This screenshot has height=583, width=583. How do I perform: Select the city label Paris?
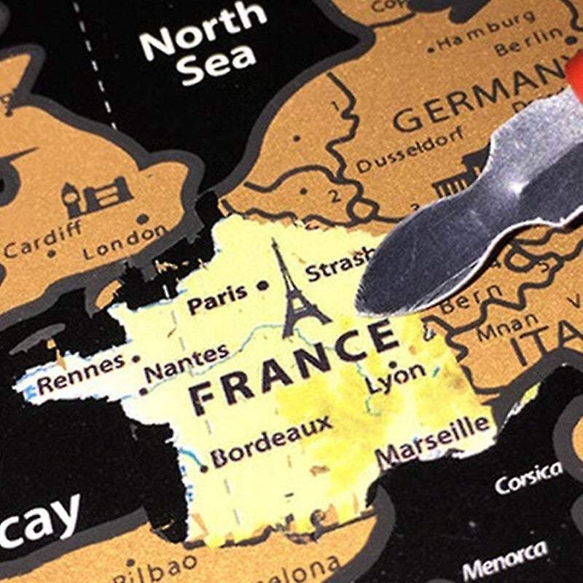[x=217, y=297]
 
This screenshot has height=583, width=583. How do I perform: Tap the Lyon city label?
[x=396, y=377]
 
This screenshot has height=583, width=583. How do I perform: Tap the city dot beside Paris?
[x=263, y=286]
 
